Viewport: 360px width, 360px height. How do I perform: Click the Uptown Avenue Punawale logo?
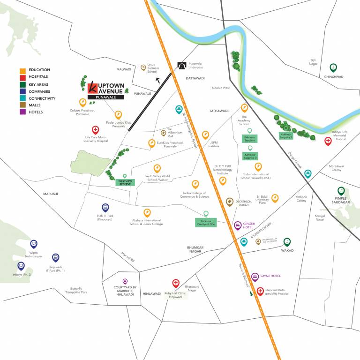click(x=105, y=90)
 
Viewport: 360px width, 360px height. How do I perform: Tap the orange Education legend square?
click(x=22, y=70)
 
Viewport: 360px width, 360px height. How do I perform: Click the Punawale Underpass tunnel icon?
click(x=181, y=66)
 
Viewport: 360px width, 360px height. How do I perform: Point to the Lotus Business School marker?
click(x=143, y=67)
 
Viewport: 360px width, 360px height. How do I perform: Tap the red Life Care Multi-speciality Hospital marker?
click(x=95, y=130)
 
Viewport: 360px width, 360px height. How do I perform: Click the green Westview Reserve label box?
click(x=125, y=182)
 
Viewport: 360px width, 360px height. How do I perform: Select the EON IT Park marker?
click(x=105, y=207)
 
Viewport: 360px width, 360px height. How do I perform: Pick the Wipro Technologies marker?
click(x=34, y=243)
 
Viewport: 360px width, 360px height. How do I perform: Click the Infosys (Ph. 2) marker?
click(x=21, y=266)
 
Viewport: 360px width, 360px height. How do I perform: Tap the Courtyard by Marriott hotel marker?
click(x=125, y=281)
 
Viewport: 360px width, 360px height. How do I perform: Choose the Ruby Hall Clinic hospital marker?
click(x=176, y=283)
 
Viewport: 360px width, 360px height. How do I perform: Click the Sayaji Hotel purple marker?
click(x=255, y=276)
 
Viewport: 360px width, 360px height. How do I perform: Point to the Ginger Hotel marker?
click(x=238, y=225)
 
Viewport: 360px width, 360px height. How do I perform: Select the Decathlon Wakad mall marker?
click(x=229, y=202)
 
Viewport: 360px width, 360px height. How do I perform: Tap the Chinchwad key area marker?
click(x=333, y=67)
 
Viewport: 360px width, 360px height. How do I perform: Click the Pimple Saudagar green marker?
click(x=341, y=191)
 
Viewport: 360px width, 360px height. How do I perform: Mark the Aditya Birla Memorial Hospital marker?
click(x=328, y=140)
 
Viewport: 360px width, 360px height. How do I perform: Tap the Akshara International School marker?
click(x=147, y=212)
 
